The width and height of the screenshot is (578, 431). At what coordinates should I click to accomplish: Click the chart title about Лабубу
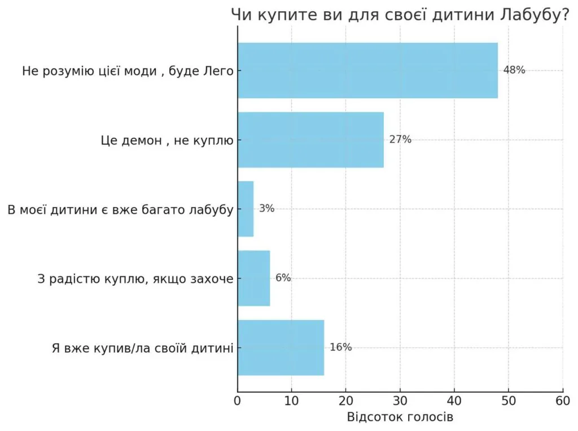(400, 16)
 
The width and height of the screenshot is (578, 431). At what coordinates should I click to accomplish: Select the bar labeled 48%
(367, 71)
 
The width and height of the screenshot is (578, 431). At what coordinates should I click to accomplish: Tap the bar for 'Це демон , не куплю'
(310, 140)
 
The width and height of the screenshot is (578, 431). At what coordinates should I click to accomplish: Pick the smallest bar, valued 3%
(246, 209)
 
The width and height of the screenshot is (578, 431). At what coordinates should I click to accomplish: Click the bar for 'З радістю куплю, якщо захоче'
(253, 278)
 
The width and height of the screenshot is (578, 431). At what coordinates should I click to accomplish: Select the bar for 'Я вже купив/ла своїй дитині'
(281, 348)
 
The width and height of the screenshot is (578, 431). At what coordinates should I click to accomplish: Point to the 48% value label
(514, 71)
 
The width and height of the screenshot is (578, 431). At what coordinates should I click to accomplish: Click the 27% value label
(400, 140)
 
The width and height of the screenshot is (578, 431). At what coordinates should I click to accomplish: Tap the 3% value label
(266, 209)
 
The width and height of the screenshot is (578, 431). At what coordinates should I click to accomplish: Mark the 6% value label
(283, 278)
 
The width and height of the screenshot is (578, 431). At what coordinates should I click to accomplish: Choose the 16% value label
(340, 348)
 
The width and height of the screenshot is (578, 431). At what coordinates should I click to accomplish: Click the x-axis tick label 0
(238, 401)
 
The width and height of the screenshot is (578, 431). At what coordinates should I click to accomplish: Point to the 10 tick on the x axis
(292, 401)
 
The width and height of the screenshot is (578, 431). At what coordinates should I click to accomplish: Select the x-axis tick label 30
(400, 401)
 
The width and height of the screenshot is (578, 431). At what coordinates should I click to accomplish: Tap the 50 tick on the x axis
(509, 401)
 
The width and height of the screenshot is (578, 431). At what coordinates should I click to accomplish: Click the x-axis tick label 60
(563, 401)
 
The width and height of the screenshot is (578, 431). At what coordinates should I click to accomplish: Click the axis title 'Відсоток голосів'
(400, 418)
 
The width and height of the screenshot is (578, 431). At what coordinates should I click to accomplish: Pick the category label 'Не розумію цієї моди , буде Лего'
(128, 71)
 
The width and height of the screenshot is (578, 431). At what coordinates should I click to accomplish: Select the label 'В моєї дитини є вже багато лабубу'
(120, 209)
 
